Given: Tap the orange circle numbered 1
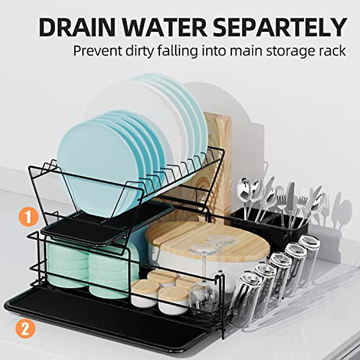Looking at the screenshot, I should [x=28, y=217].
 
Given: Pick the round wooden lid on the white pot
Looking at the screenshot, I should [x=207, y=240].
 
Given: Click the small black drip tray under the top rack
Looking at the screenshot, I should [x=105, y=222].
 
